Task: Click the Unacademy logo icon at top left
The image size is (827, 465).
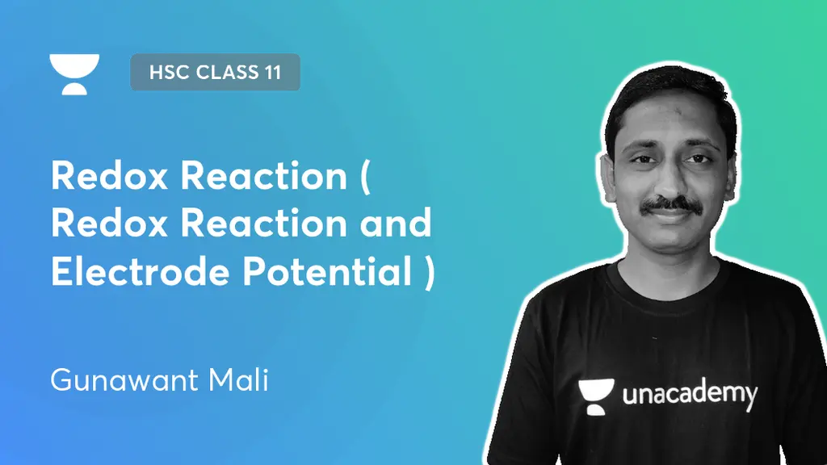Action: click(x=74, y=73)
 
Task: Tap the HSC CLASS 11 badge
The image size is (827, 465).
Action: click(x=215, y=72)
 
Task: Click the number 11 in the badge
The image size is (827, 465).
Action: click(x=271, y=72)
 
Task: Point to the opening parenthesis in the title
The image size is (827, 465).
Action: click(x=365, y=177)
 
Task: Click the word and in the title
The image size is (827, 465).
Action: click(x=396, y=224)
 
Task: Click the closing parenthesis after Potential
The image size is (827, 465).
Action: click(x=428, y=274)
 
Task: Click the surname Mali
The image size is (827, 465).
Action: click(x=239, y=379)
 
